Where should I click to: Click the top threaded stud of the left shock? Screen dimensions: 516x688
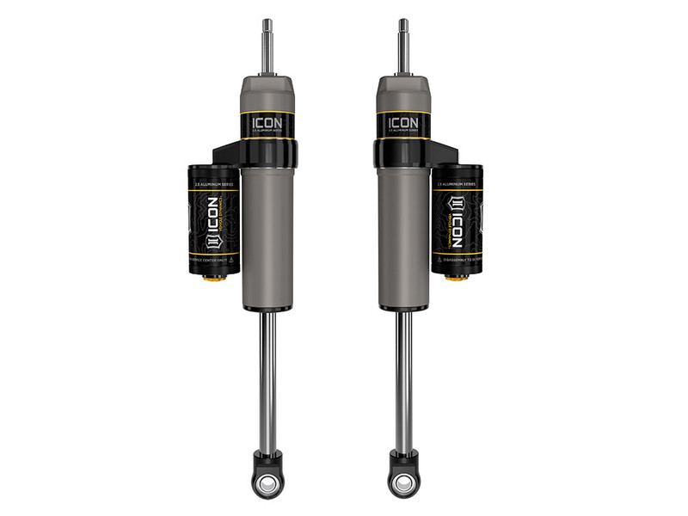pos(267,47)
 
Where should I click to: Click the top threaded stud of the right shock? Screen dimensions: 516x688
pos(402,47)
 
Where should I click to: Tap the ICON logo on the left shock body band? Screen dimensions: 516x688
pos(267,124)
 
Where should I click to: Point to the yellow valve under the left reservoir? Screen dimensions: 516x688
pos(213,280)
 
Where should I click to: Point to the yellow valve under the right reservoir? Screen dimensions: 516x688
pos(457,280)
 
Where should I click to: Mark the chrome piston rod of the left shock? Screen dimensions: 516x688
pos(268,378)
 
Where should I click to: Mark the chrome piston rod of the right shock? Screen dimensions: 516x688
pos(402,378)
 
